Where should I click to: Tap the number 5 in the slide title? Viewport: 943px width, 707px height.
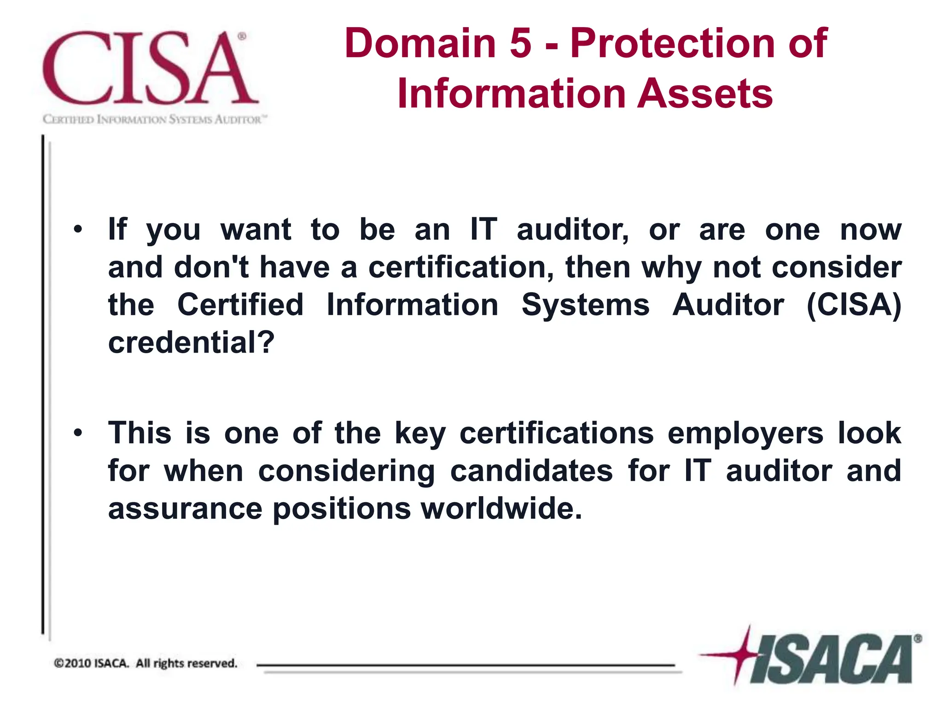(x=520, y=43)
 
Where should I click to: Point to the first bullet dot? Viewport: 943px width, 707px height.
(x=78, y=229)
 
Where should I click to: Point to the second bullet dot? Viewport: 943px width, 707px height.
(x=78, y=433)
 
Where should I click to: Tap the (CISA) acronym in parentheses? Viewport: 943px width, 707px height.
(x=854, y=305)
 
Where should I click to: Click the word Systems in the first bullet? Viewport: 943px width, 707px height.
(x=585, y=305)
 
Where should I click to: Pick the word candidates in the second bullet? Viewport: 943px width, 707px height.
(x=531, y=471)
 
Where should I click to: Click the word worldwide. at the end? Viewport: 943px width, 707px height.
(x=502, y=509)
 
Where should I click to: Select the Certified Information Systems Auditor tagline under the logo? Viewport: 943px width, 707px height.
(x=155, y=120)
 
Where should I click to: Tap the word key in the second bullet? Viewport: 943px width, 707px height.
(x=420, y=434)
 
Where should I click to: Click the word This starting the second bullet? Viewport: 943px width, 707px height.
(x=140, y=433)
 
